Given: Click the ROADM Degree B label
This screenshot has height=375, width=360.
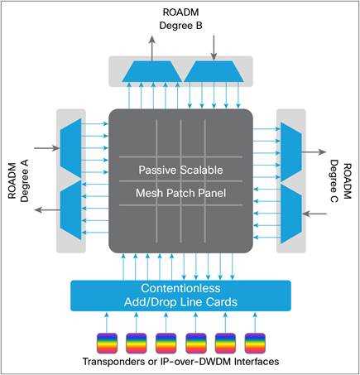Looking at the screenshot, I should [180, 18].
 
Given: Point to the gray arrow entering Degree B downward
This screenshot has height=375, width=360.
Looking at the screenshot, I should [213, 46].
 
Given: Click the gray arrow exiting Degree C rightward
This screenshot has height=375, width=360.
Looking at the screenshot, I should [315, 153].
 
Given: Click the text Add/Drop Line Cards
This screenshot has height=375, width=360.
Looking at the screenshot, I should [180, 302].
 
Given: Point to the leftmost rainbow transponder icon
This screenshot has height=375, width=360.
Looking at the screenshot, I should [106, 342].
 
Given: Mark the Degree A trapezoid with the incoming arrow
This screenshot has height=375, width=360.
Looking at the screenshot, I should [70, 149].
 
